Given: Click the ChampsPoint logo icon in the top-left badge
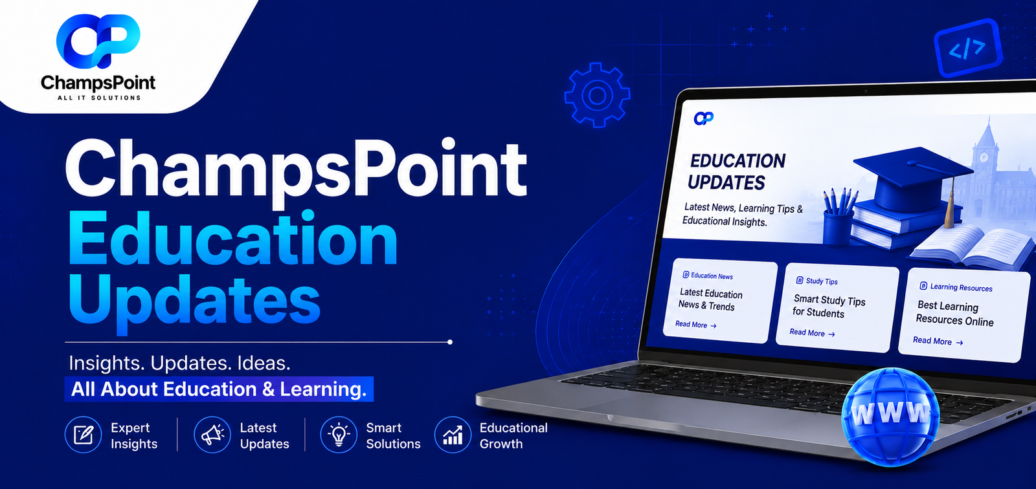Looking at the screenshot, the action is (x=98, y=41).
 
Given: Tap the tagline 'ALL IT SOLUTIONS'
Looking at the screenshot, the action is (x=99, y=98).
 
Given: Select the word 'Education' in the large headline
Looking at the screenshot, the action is (x=232, y=241).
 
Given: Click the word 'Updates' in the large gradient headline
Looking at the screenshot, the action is (x=194, y=301).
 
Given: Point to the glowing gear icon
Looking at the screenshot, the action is (x=597, y=95).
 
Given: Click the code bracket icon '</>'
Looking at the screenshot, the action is (x=967, y=48).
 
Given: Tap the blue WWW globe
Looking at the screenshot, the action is (x=890, y=416).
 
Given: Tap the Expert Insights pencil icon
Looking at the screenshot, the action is (x=84, y=435).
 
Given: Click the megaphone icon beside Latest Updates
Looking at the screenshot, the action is (x=212, y=435).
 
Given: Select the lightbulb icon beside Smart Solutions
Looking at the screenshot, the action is (x=339, y=435).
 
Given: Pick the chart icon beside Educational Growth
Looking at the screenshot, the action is (x=453, y=435).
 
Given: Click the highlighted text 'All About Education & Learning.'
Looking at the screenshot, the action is (x=219, y=389).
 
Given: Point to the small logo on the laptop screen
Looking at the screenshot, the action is (x=703, y=118).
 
